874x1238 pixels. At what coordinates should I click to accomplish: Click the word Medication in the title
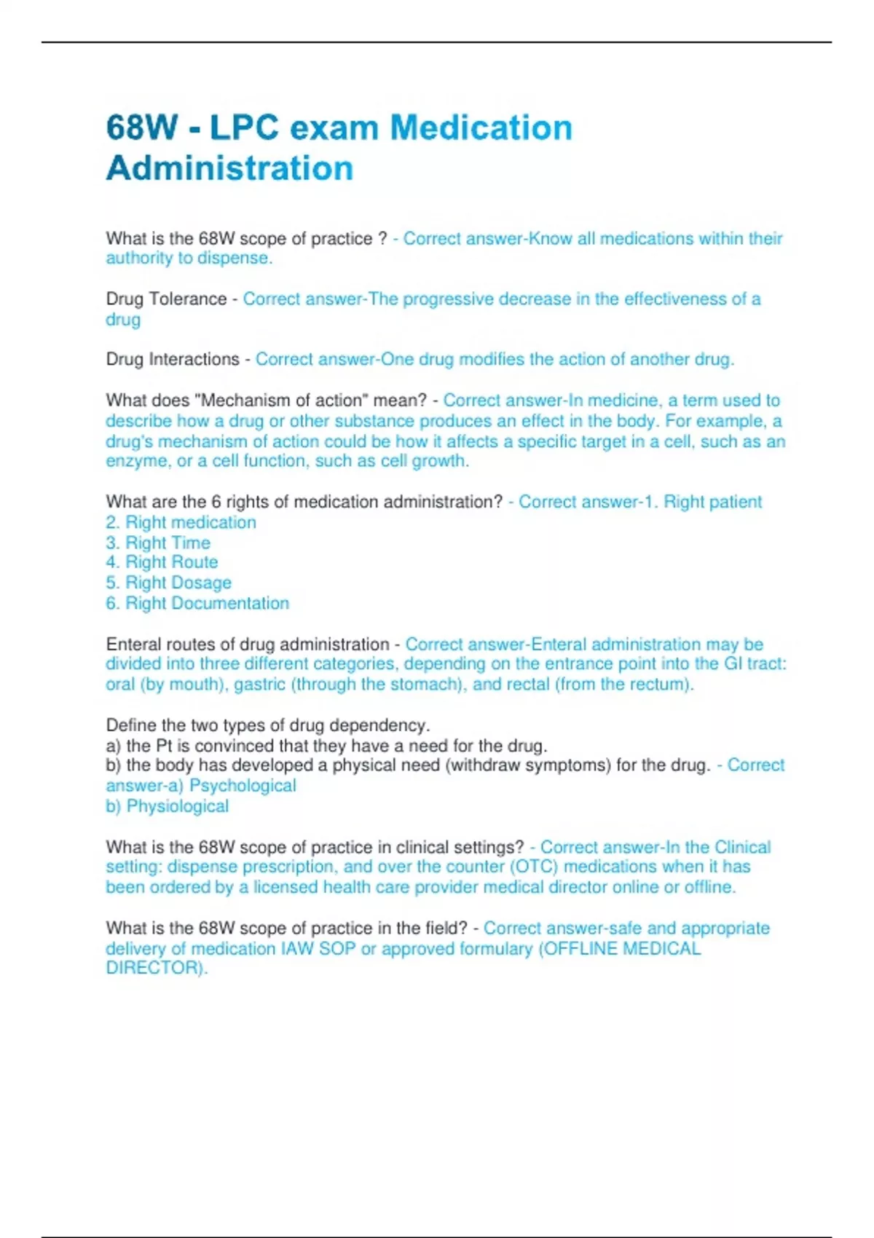pyautogui.click(x=481, y=128)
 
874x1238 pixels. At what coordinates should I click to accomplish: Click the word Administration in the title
pyautogui.click(x=229, y=168)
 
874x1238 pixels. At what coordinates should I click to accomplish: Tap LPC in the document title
pyautogui.click(x=244, y=128)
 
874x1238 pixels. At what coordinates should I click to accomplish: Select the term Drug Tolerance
pyautogui.click(x=166, y=299)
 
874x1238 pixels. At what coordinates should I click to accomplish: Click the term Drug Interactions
pyautogui.click(x=173, y=360)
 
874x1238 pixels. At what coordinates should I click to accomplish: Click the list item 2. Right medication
pyautogui.click(x=181, y=523)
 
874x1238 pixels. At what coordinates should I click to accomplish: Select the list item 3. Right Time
pyautogui.click(x=158, y=543)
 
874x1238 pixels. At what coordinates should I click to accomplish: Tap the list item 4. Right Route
pyautogui.click(x=162, y=562)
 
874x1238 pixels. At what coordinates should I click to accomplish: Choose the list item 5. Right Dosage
pyautogui.click(x=168, y=583)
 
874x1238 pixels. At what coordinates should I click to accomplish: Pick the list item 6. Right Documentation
pyautogui.click(x=197, y=604)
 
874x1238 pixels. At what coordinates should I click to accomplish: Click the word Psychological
pyautogui.click(x=243, y=786)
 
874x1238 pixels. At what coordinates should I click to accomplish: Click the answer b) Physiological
pyautogui.click(x=168, y=806)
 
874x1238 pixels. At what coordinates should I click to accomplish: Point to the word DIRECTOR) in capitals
pyautogui.click(x=157, y=968)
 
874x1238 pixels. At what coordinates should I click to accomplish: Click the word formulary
pyautogui.click(x=493, y=949)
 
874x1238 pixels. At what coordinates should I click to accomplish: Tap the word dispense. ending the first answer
pyautogui.click(x=235, y=259)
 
